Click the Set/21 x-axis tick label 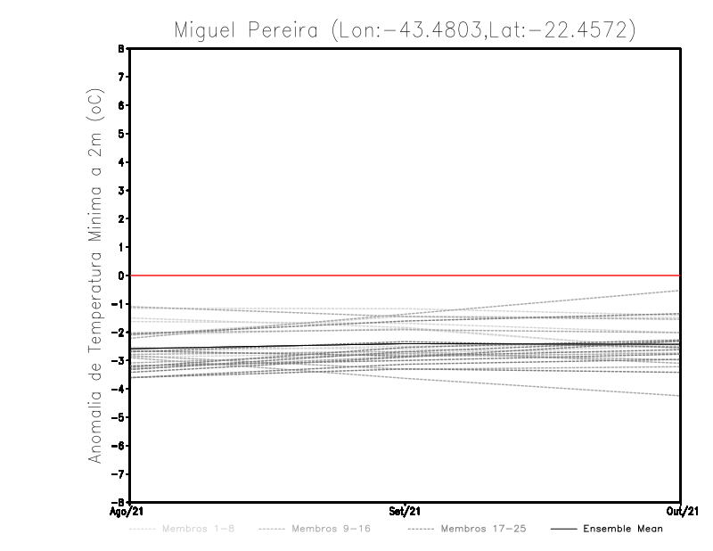click(x=406, y=512)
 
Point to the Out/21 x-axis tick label click(x=682, y=512)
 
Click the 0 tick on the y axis click(x=122, y=275)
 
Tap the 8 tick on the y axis click(x=122, y=49)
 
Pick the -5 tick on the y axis click(x=120, y=417)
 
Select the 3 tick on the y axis click(x=122, y=191)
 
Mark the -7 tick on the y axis click(x=120, y=473)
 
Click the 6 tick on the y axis click(x=122, y=105)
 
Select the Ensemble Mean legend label click(x=623, y=529)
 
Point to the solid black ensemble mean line click(x=267, y=347)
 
